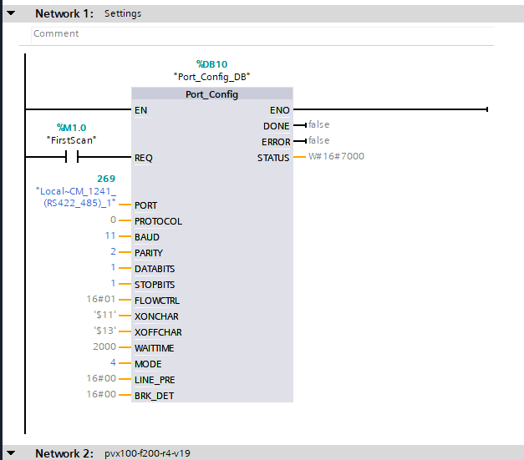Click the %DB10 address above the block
click(x=211, y=63)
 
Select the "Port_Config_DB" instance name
click(x=211, y=77)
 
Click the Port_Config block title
click(x=211, y=94)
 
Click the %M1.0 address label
click(x=72, y=128)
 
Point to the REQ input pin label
click(x=144, y=157)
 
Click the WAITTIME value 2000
click(x=104, y=347)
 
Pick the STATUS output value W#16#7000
click(x=336, y=156)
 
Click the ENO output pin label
click(x=280, y=109)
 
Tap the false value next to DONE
click(x=318, y=125)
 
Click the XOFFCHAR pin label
click(x=157, y=331)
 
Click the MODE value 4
click(x=112, y=363)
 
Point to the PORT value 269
click(x=106, y=179)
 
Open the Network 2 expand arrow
click(x=10, y=453)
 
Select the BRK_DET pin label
click(x=155, y=394)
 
